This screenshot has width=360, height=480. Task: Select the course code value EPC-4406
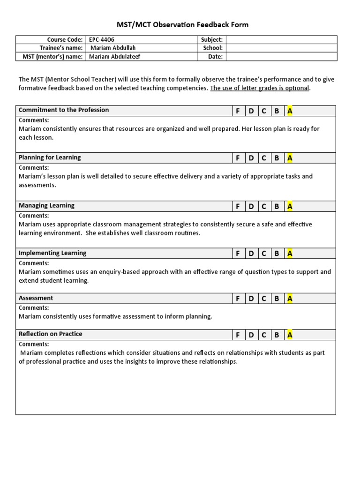[x=102, y=40]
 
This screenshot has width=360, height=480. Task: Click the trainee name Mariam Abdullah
[x=112, y=48]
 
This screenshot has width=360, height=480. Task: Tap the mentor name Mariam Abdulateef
[x=115, y=57]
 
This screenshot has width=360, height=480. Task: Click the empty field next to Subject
[x=281, y=40]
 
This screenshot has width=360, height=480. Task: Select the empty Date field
[x=281, y=57]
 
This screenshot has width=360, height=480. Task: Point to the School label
[x=212, y=48]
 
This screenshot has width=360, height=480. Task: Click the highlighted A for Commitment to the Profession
[x=290, y=111]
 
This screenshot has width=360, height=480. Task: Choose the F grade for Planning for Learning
[x=238, y=158]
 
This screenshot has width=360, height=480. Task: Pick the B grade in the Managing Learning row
[x=277, y=206]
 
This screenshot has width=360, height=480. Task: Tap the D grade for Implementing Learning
[x=251, y=254]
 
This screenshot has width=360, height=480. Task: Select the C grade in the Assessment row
[x=264, y=299]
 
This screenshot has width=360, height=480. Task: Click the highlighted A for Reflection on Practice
[x=290, y=335]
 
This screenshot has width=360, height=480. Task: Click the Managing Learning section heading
[x=46, y=206]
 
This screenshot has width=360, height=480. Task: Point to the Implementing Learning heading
[x=52, y=253]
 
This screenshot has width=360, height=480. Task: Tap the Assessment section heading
[x=36, y=298]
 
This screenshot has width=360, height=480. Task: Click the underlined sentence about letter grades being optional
[x=260, y=88]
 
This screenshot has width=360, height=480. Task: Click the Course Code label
[x=65, y=40]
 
